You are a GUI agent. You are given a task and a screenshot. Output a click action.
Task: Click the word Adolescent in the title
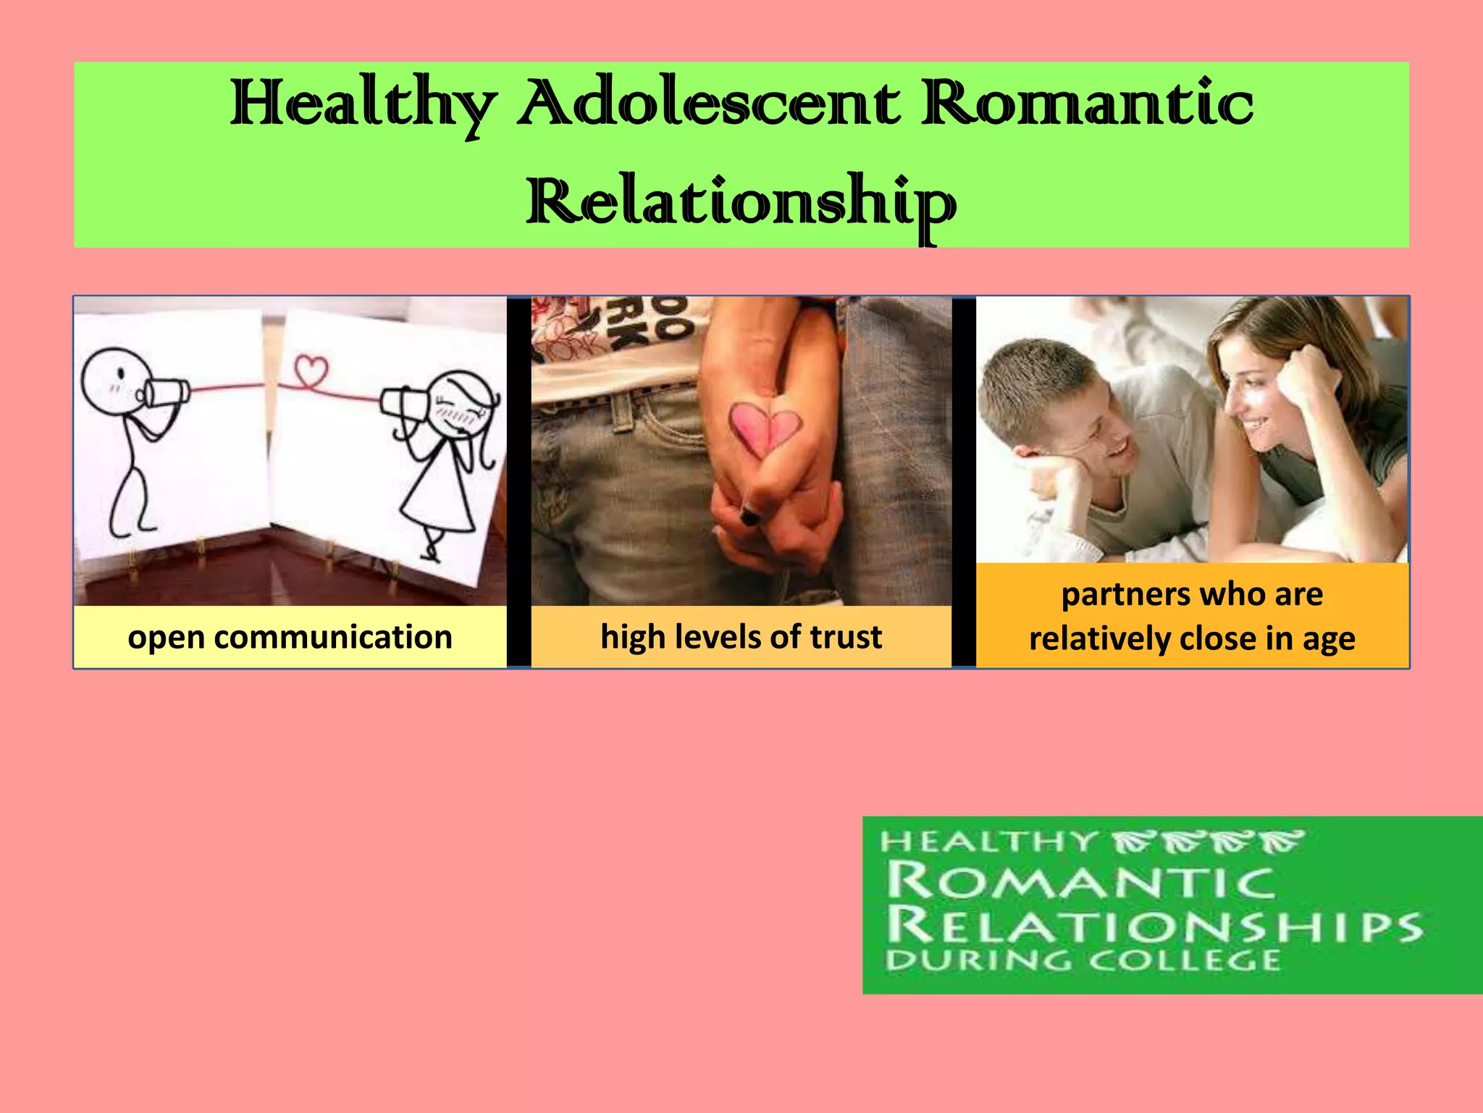[x=710, y=104]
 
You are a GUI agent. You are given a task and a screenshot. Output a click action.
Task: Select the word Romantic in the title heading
[x=1086, y=104]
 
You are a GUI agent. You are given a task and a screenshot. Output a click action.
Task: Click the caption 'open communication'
[x=290, y=637]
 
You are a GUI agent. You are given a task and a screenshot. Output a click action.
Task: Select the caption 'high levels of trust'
[x=741, y=637]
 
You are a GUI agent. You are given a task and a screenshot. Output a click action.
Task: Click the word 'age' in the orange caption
[x=1329, y=639]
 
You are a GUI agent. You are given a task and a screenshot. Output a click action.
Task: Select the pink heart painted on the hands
[x=765, y=428]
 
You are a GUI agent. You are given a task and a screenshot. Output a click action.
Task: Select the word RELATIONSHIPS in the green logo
[x=1154, y=925]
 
